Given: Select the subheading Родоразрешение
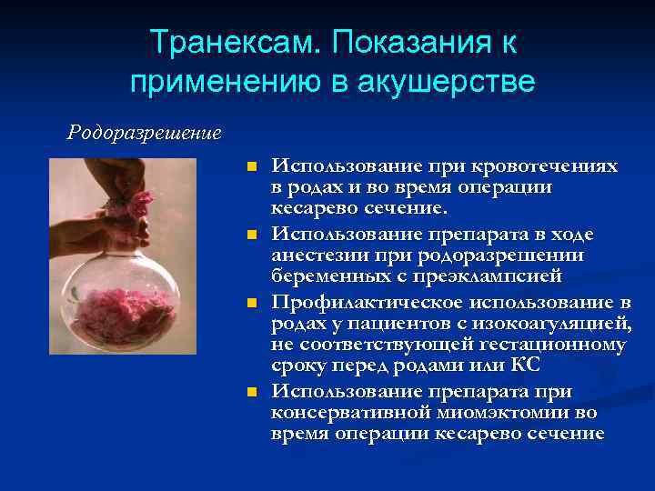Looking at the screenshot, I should (144, 133).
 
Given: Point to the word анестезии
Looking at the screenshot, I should (321, 256).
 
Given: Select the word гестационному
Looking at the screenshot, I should (542, 345).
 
